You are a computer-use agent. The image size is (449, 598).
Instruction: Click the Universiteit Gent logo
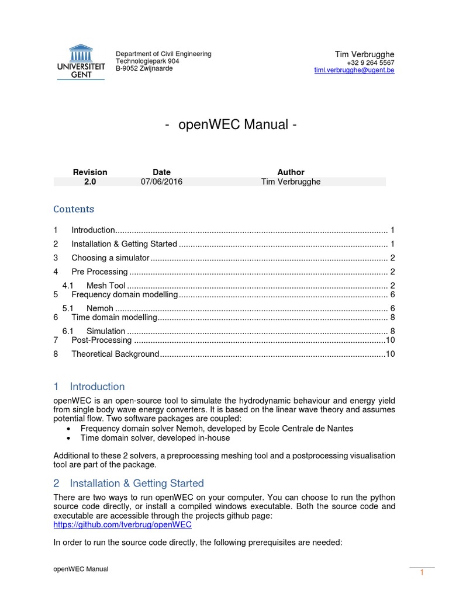81,62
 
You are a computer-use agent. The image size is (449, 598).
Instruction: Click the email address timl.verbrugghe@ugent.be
354,70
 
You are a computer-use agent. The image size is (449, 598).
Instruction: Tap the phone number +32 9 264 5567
370,62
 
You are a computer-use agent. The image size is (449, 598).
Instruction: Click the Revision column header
90,172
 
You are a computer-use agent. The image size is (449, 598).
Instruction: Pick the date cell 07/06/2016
161,182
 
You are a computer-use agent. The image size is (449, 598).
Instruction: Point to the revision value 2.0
90,182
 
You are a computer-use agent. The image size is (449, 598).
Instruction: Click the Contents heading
74,209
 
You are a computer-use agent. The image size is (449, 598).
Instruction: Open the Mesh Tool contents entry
106,286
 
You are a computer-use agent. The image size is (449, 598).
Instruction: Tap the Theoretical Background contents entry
115,354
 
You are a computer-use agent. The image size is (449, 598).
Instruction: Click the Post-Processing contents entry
101,340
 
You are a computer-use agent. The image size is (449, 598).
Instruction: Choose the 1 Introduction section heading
89,387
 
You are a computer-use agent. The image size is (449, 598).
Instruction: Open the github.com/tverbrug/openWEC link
122,524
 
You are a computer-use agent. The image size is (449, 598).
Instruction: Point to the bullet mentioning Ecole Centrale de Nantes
216,428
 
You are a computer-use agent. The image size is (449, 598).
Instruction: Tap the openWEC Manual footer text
81,569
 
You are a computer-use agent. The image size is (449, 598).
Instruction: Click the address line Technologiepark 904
147,61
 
